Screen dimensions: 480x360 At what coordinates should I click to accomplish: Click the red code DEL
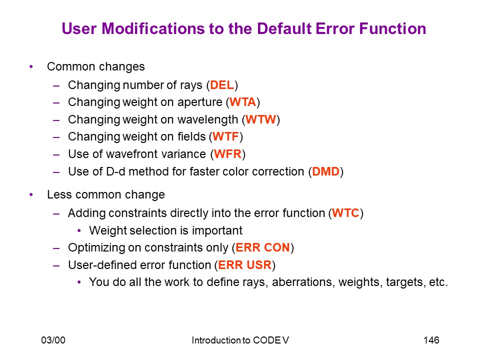point(222,85)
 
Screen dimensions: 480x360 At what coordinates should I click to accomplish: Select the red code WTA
point(243,102)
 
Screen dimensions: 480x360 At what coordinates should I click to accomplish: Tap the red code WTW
point(261,119)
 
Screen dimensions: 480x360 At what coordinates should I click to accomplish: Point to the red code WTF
point(225,136)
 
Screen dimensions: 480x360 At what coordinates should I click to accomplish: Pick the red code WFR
point(228,154)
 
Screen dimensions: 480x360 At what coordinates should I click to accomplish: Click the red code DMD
point(325,171)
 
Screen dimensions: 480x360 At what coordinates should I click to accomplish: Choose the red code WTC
point(345,213)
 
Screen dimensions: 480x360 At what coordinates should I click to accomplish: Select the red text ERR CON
point(262,247)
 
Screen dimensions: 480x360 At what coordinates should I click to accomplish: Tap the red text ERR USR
point(245,265)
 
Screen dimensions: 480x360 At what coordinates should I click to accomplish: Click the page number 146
point(431,340)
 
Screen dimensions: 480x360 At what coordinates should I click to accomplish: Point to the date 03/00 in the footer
point(53,340)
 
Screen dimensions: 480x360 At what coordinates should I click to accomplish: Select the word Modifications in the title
point(153,29)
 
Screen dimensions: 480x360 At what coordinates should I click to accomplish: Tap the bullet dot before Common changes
point(31,66)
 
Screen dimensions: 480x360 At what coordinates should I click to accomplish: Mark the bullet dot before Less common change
point(31,194)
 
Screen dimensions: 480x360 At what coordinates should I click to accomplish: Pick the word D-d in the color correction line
point(115,171)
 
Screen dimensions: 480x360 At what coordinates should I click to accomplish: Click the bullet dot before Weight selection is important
point(79,230)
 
